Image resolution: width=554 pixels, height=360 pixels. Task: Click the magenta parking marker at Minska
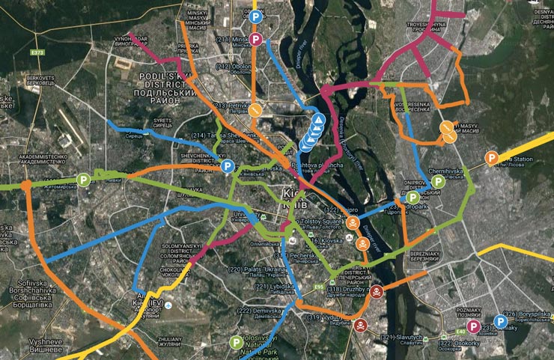pyautogui.click(x=255, y=39)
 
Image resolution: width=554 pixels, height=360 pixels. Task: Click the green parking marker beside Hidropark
pyautogui.click(x=413, y=197)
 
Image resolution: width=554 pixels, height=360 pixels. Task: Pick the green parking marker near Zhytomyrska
pyautogui.click(x=84, y=180)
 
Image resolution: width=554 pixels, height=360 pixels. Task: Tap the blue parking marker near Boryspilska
pyautogui.click(x=501, y=323)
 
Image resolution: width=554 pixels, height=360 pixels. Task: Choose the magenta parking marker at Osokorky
pyautogui.click(x=472, y=326)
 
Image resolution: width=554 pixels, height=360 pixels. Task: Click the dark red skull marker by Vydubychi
pyautogui.click(x=361, y=325)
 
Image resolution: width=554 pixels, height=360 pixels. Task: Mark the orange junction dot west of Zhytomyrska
pyautogui.click(x=25, y=183)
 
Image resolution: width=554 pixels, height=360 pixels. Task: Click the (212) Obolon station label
pyautogui.click(x=234, y=68)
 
